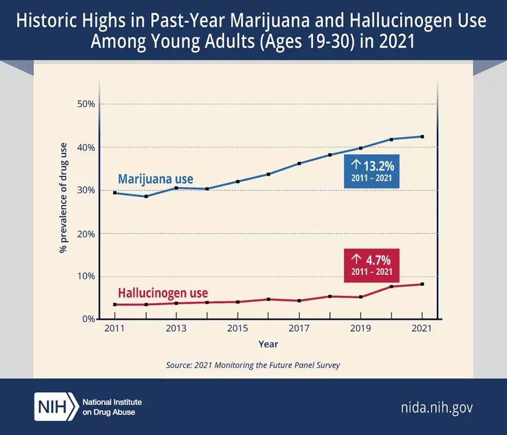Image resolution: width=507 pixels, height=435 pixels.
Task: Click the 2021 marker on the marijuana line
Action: pyautogui.click(x=422, y=137)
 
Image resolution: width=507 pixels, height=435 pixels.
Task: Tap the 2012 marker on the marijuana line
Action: pyautogui.click(x=145, y=196)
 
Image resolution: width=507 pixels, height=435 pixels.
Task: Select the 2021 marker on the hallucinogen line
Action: pyautogui.click(x=422, y=284)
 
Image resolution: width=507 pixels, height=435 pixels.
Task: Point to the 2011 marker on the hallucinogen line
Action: pyautogui.click(x=115, y=305)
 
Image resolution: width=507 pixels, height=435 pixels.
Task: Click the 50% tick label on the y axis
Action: pyautogui.click(x=86, y=104)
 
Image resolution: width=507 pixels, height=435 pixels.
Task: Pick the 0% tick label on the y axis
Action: pyautogui.click(x=88, y=319)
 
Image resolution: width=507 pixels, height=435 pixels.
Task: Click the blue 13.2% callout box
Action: pyautogui.click(x=371, y=172)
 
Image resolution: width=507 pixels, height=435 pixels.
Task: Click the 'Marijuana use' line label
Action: pyautogui.click(x=155, y=179)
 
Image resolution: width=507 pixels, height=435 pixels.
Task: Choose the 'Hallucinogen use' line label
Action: pyautogui.click(x=163, y=293)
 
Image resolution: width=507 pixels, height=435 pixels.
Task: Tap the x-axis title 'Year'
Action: pyautogui.click(x=268, y=344)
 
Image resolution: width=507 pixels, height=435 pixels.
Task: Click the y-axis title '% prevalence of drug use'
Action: pyautogui.click(x=64, y=198)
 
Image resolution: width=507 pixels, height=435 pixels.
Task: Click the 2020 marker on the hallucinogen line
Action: pyautogui.click(x=391, y=286)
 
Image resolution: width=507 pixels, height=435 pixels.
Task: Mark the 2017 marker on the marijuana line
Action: pyautogui.click(x=299, y=163)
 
